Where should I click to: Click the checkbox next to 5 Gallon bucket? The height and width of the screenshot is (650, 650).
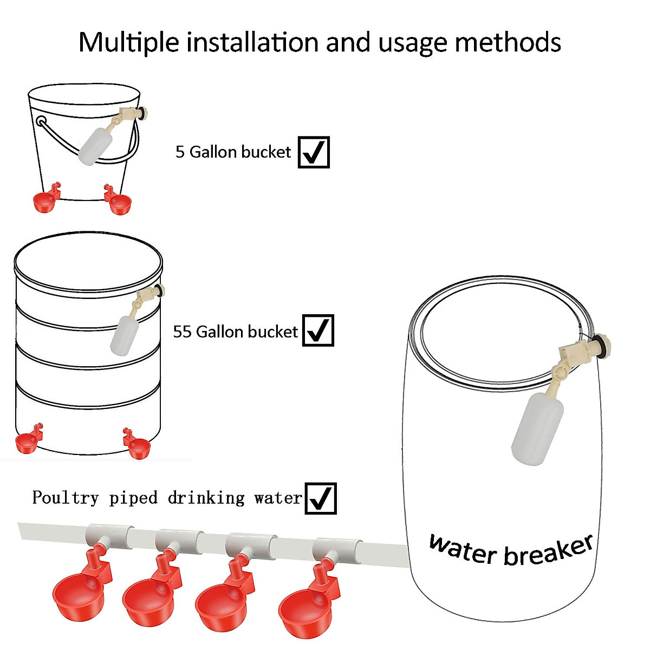(314, 152)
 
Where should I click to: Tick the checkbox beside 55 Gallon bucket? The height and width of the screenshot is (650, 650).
(318, 330)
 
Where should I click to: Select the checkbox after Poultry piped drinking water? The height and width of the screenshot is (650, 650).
(321, 498)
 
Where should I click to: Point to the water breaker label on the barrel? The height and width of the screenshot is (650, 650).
(510, 550)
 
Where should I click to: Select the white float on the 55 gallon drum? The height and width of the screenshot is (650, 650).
(125, 334)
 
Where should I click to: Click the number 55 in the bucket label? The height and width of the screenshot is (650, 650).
(183, 331)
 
